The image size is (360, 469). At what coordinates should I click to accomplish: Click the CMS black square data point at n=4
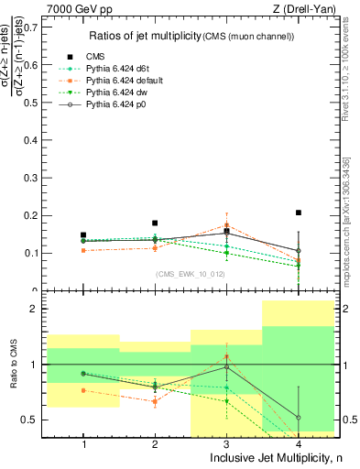pos(299,213)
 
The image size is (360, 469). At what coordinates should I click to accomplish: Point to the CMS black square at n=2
pos(155,223)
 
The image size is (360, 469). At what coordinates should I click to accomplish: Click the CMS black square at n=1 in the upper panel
pos(83,234)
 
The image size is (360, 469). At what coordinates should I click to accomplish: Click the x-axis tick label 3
pos(226,444)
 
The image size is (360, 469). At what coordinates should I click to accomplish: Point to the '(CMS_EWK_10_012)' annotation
pos(191,274)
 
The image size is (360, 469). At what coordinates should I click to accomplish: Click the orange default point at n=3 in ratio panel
pos(227,356)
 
